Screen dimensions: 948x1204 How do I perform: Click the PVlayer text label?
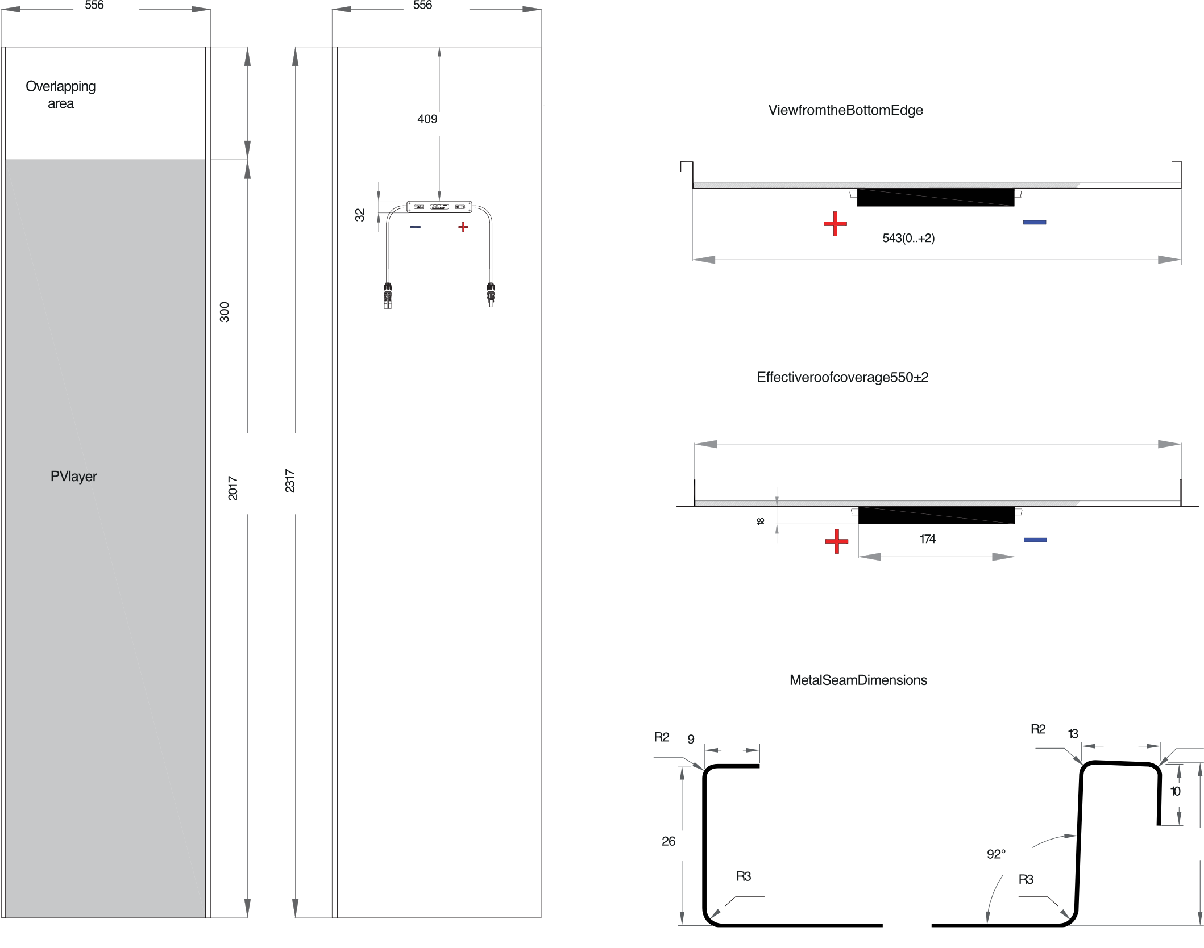(x=73, y=477)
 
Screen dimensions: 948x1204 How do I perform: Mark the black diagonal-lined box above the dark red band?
(x=935, y=198)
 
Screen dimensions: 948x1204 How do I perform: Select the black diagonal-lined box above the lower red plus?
(x=936, y=515)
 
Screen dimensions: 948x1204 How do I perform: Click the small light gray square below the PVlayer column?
(x=226, y=933)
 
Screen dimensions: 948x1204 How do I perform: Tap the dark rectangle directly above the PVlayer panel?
(x=115, y=119)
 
